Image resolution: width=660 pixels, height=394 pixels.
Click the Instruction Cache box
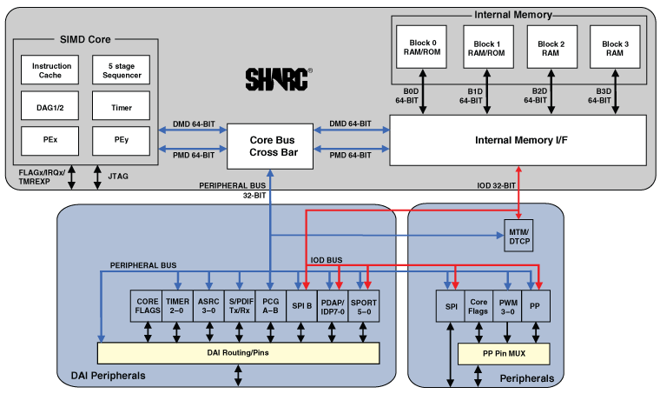click(x=51, y=70)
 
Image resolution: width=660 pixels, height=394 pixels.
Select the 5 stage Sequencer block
click(x=122, y=70)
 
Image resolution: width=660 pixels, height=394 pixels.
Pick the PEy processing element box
click(x=122, y=138)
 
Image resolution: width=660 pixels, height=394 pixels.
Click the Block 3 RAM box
click(x=615, y=49)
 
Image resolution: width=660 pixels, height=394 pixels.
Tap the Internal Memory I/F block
click(x=517, y=140)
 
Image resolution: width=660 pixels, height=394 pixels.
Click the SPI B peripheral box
click(x=301, y=305)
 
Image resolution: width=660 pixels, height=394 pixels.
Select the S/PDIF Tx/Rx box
click(x=239, y=305)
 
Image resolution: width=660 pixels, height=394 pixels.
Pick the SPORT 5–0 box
click(x=364, y=305)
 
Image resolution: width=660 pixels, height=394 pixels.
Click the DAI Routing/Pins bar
click(x=238, y=352)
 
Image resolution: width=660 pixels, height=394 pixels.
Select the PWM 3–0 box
click(x=507, y=305)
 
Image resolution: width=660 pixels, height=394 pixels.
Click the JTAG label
click(x=119, y=177)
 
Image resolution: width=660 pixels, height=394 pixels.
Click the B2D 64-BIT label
click(x=538, y=95)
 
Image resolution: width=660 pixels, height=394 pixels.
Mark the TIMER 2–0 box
click(x=177, y=305)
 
